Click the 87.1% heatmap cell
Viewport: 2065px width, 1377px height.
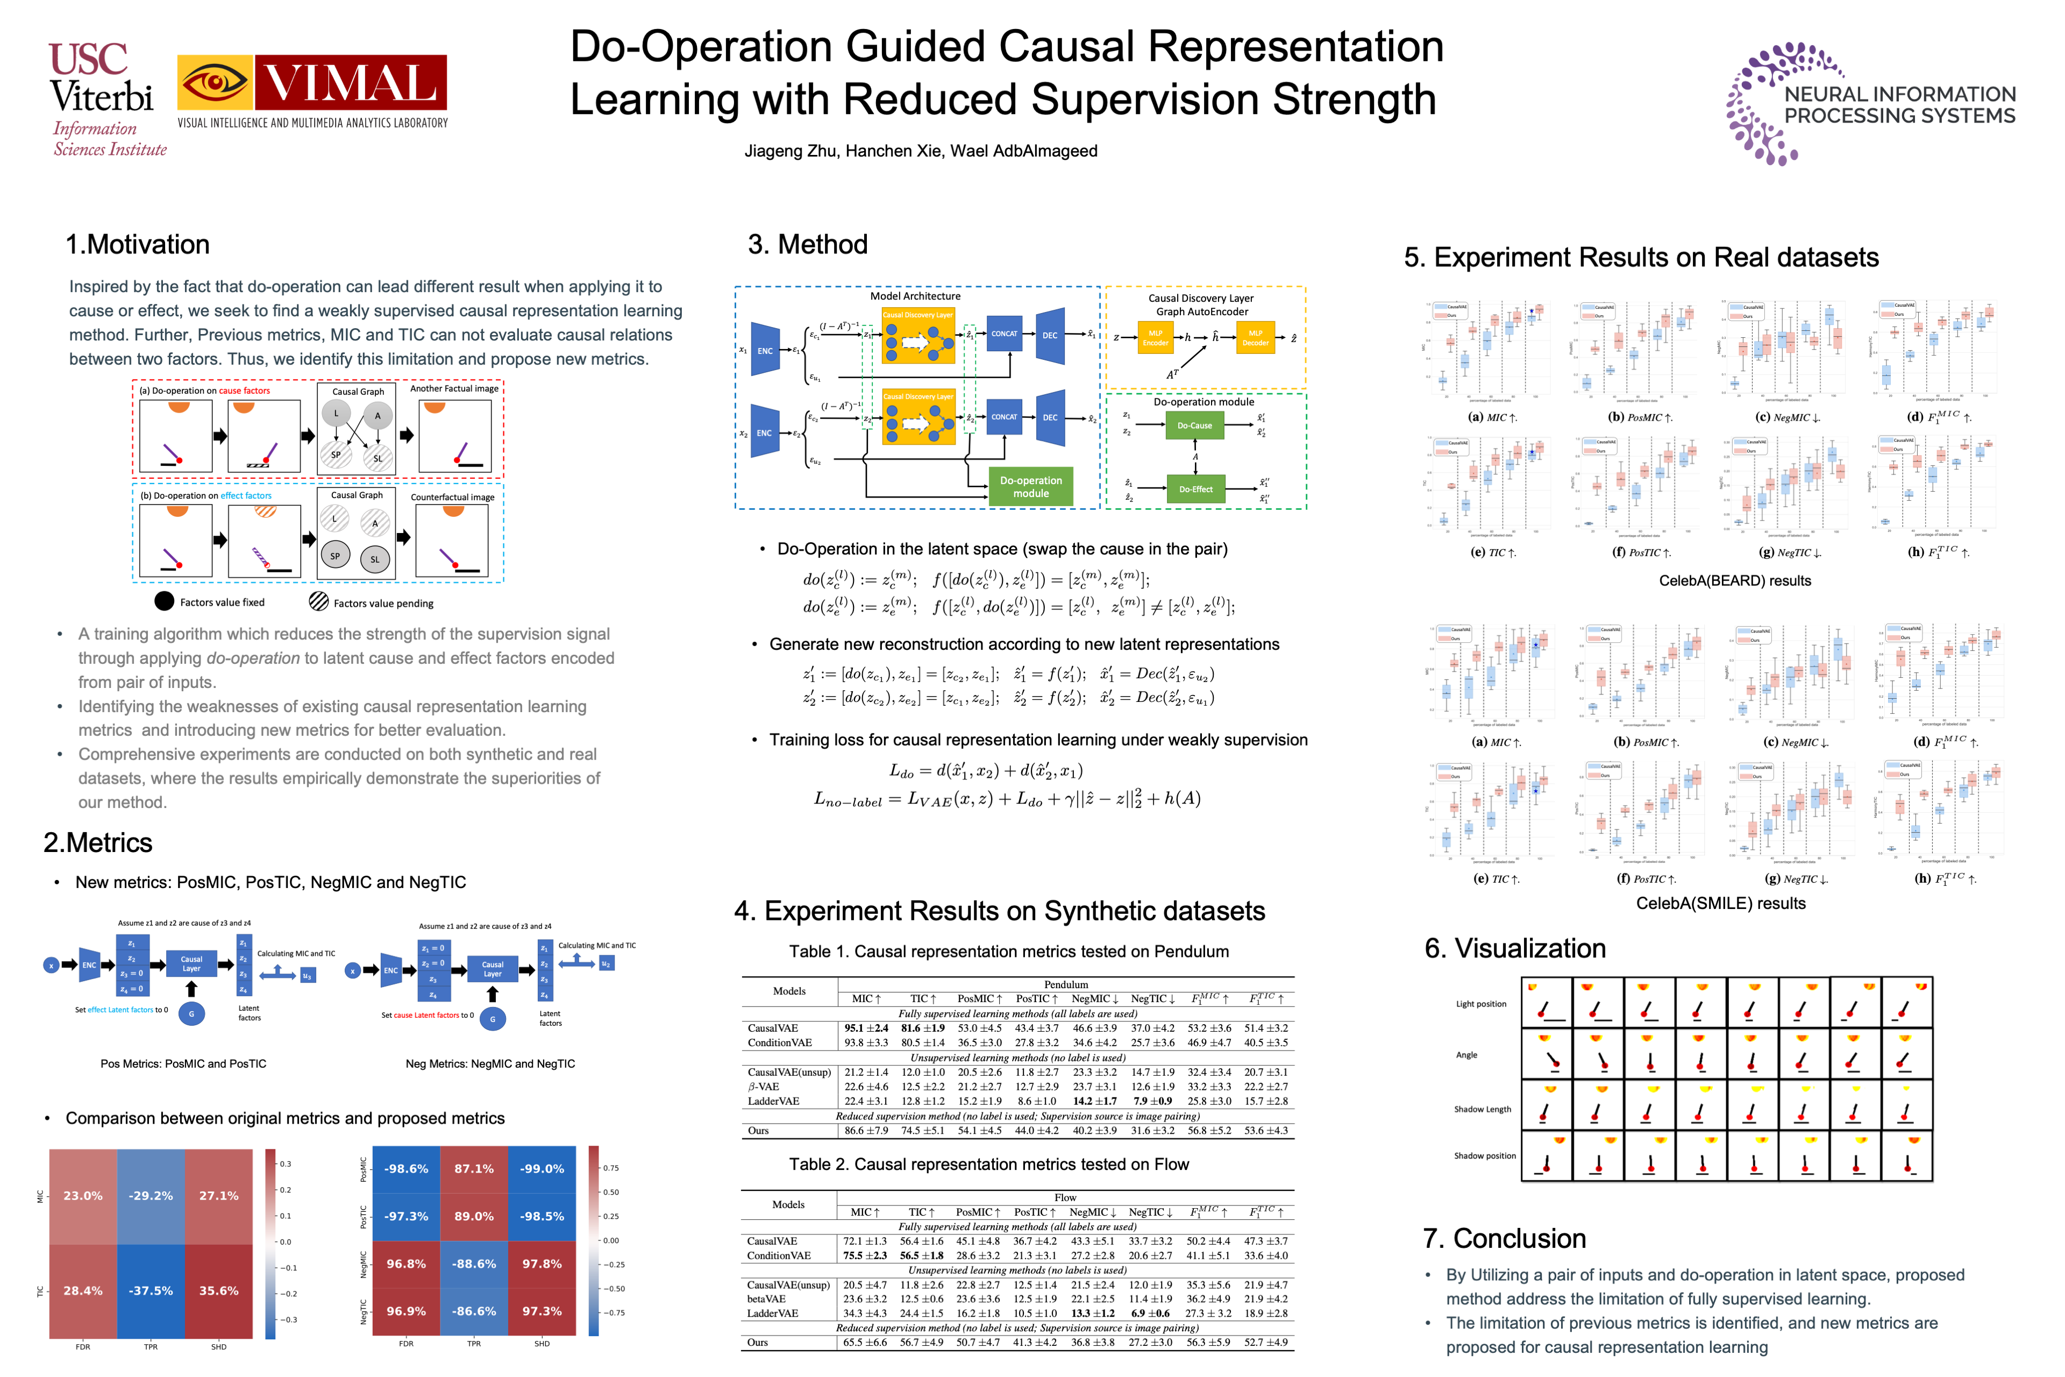tap(474, 1169)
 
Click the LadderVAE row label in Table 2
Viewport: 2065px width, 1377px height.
tap(773, 1313)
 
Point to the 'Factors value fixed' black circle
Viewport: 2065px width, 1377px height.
tap(164, 601)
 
